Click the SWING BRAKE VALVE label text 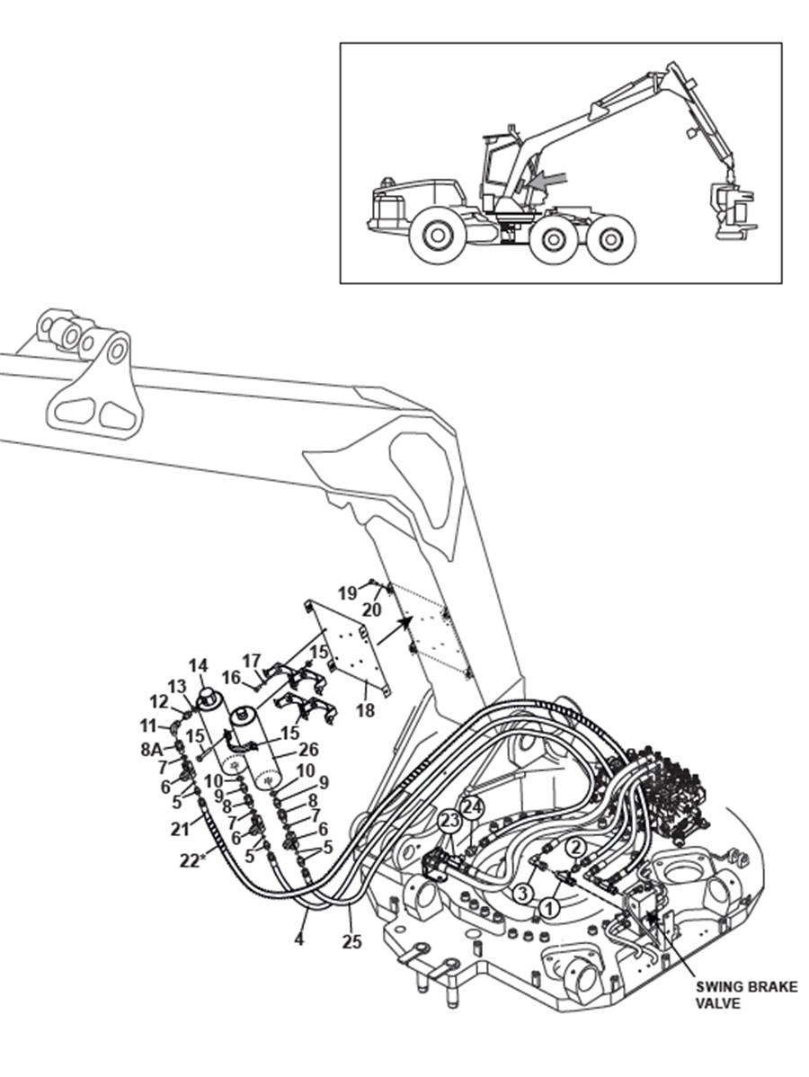[x=747, y=994]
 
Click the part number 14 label [x=198, y=665]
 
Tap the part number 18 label [x=365, y=710]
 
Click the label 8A [x=152, y=750]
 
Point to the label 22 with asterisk [x=192, y=860]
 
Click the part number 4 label [x=298, y=939]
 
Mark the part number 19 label [x=348, y=592]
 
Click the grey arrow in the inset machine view [x=552, y=180]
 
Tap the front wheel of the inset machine [x=436, y=236]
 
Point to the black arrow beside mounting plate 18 [x=395, y=630]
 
